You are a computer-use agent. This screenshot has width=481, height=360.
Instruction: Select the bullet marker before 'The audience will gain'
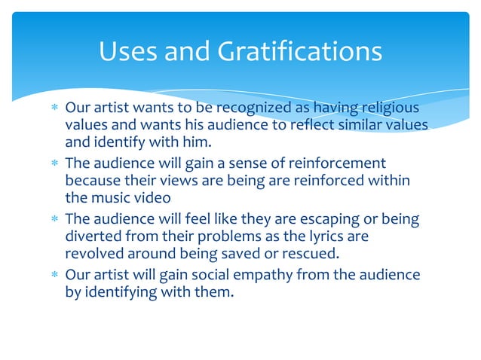(x=54, y=163)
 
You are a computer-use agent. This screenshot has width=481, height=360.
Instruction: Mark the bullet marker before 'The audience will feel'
(x=54, y=219)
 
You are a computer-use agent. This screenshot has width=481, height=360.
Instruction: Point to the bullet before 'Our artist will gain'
(x=54, y=276)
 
